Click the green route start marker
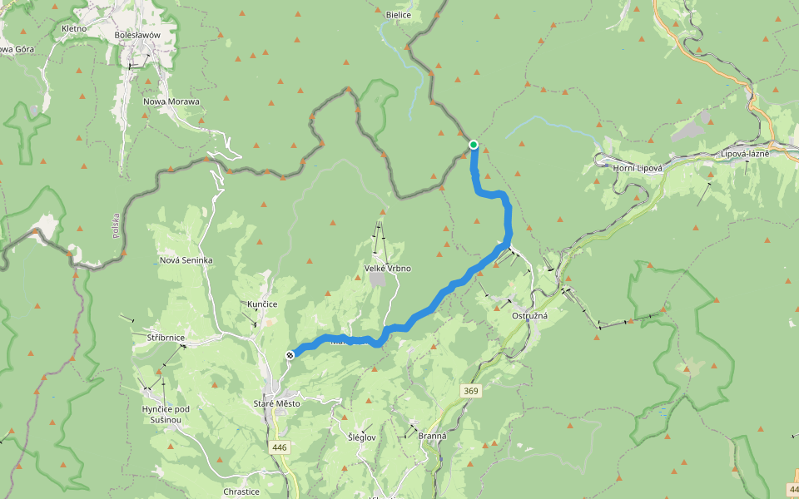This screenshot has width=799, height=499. point(474,145)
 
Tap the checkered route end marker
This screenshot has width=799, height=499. point(290,355)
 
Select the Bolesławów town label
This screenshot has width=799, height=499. point(136,35)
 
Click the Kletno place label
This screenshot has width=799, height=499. point(74,28)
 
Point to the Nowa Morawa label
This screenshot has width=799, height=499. point(171,101)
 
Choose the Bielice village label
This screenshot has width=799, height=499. point(399,15)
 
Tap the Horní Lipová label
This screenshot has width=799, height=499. point(637,168)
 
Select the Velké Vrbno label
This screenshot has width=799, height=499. point(388,269)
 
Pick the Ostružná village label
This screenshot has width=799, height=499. point(529,317)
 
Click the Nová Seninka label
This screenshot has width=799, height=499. point(186,260)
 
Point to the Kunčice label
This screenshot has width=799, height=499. point(262,304)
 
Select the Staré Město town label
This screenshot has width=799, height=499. point(276,403)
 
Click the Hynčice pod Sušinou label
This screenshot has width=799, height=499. point(166,414)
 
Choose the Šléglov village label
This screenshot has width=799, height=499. point(361,437)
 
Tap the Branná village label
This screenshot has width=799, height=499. point(432,436)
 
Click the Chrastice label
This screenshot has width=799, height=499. point(241,492)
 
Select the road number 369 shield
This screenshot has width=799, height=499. point(472,390)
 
